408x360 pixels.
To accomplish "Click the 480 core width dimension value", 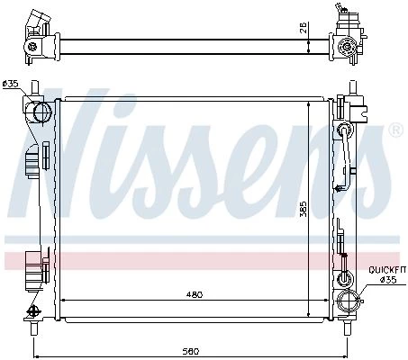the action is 195,294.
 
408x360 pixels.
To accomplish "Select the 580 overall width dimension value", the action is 190,351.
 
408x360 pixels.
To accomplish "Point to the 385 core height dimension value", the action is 304,209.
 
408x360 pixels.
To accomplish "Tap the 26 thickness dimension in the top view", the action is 304,27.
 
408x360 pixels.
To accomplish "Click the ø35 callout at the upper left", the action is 11,84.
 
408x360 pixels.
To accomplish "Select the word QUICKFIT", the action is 387,270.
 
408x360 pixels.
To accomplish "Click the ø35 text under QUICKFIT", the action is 388,280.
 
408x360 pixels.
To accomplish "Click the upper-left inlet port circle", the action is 43,112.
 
